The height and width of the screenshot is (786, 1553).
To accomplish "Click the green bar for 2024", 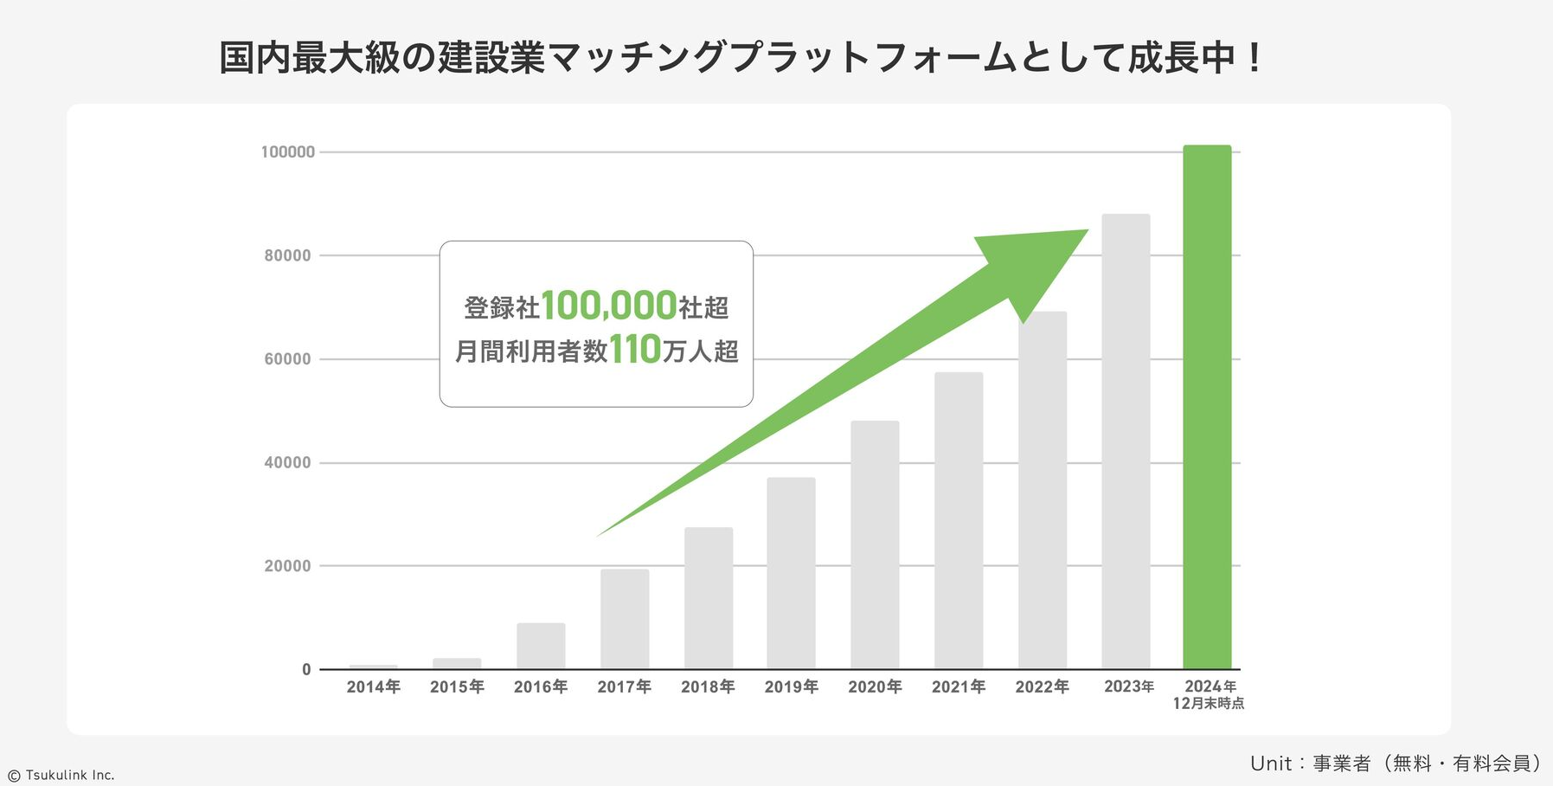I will click(1207, 407).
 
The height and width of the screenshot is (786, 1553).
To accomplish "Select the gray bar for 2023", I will click(1126, 441).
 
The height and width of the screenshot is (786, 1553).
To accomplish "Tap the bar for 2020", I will click(875, 545).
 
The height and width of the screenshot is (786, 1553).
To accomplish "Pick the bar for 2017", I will click(625, 619).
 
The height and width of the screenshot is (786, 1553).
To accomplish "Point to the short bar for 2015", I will click(457, 664).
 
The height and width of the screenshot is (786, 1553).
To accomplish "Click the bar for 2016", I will click(541, 646).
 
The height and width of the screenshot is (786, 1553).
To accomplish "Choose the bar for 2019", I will click(791, 573).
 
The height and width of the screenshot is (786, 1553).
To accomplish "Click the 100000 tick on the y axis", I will click(288, 152).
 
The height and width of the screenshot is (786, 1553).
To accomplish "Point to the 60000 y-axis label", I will click(287, 359).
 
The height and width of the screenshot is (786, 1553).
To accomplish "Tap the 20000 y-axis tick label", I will click(287, 566).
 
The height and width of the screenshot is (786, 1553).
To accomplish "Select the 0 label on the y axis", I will click(306, 670).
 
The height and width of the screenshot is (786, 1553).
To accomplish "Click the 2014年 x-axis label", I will click(374, 687).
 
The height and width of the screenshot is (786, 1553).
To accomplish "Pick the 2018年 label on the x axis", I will click(708, 687).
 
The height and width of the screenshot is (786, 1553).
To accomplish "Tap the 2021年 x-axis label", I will click(959, 687).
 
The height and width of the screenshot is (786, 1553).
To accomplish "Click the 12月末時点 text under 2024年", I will click(1209, 704).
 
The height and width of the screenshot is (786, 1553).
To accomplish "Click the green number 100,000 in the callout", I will click(609, 306).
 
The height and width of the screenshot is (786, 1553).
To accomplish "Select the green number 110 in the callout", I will click(635, 351).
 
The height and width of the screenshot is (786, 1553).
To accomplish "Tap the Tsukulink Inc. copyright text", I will click(62, 776).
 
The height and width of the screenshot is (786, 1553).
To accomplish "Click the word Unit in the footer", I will click(1270, 763).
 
